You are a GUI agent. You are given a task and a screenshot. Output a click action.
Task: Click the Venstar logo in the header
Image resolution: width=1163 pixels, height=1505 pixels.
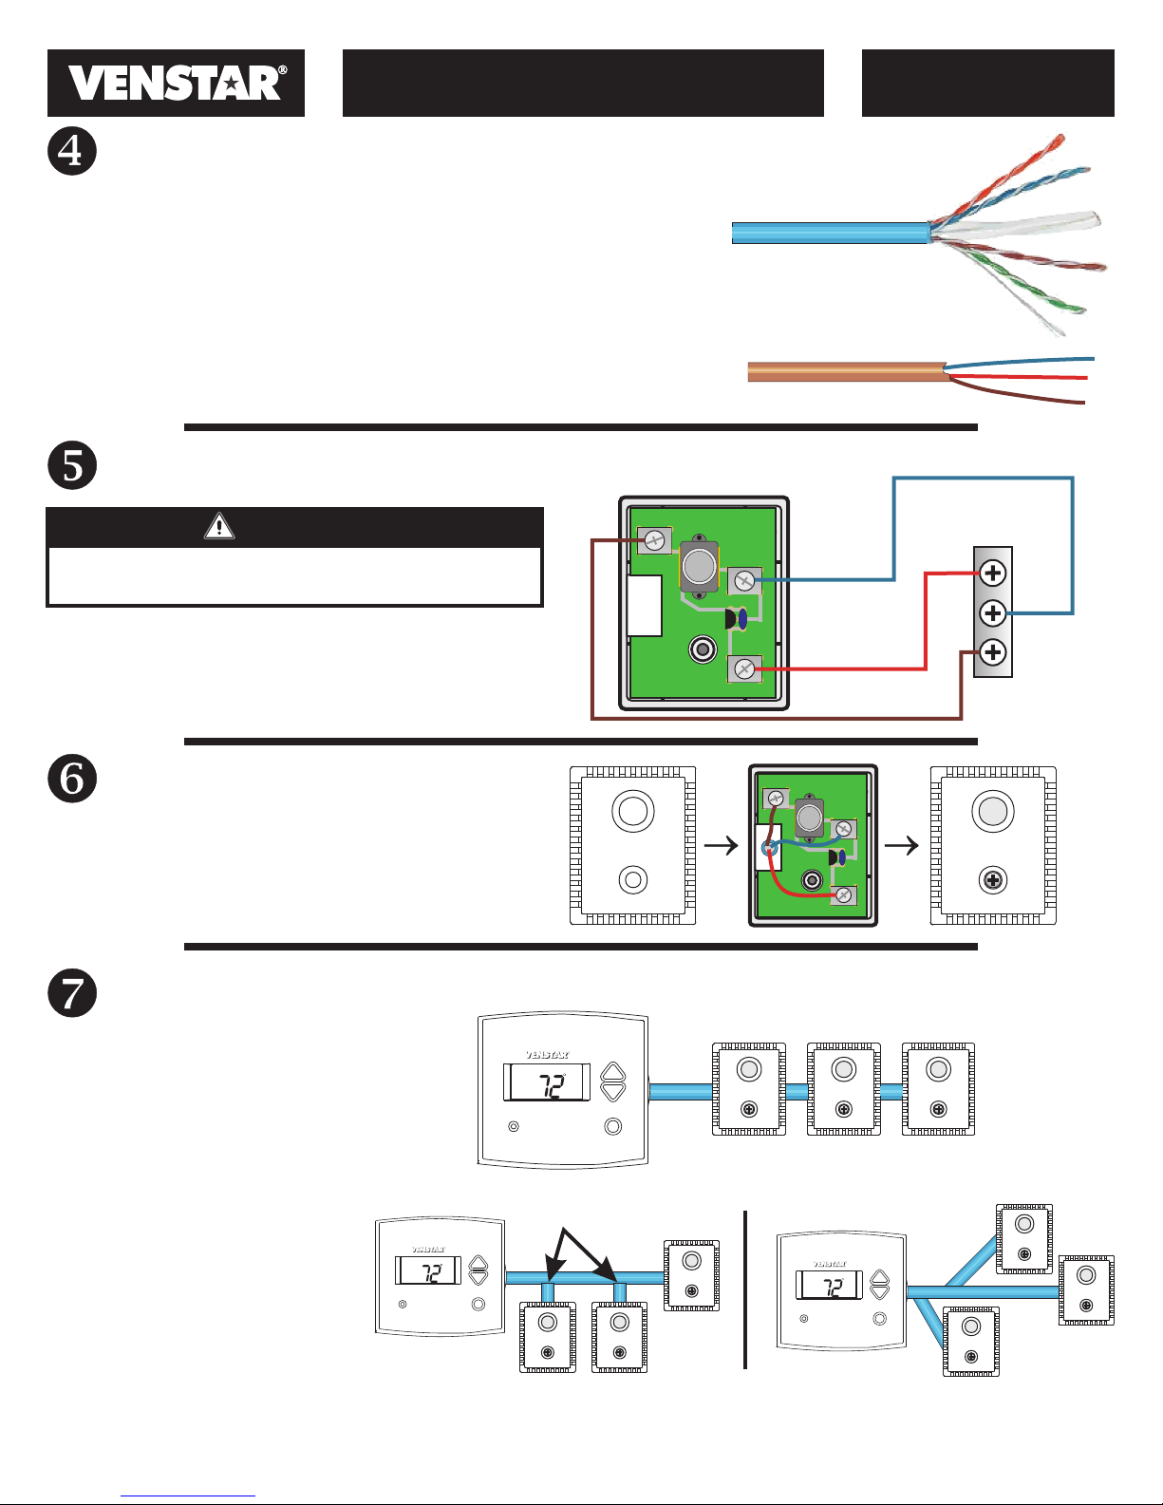pos(176,84)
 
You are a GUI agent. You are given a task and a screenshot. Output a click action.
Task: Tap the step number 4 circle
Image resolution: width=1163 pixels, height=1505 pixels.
pos(72,151)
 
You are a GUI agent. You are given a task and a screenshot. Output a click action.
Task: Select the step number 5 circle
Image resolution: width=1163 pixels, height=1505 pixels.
pos(72,464)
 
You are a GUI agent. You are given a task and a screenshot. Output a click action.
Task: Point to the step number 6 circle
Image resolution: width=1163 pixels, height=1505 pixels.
pos(72,779)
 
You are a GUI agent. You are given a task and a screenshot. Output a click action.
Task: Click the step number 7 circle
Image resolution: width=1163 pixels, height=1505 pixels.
pos(72,993)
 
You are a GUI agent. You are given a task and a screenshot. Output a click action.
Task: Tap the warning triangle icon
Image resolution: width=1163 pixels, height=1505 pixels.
pos(218,526)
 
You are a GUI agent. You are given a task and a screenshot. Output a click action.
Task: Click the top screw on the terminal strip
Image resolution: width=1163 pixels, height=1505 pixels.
pos(993,573)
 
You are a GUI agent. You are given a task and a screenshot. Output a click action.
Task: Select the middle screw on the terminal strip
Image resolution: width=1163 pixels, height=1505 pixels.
pos(993,613)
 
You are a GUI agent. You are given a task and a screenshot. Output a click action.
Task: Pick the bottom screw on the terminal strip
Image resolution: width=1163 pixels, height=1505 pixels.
pos(993,652)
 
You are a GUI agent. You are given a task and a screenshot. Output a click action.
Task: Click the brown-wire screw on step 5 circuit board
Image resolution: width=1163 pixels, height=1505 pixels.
pos(654,540)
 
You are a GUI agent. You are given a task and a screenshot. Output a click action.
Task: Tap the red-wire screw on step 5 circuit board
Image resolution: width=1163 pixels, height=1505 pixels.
pos(744,669)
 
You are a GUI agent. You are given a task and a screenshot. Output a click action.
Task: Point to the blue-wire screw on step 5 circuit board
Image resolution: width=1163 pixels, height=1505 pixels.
pos(744,580)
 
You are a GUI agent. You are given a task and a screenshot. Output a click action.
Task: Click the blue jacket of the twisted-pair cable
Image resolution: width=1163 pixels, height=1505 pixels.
pos(831,233)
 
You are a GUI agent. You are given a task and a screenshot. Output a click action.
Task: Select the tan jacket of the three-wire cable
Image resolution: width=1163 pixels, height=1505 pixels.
pos(847,372)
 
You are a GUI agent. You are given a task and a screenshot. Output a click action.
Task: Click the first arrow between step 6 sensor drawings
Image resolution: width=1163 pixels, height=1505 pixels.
pos(722,846)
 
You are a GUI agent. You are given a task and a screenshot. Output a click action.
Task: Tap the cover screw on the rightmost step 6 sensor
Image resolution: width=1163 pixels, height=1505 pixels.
pos(993,881)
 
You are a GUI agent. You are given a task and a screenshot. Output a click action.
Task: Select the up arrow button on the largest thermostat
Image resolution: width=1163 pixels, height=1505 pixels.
pos(612,1073)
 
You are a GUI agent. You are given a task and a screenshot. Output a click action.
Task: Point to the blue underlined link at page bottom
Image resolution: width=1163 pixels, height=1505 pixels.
pos(188,1496)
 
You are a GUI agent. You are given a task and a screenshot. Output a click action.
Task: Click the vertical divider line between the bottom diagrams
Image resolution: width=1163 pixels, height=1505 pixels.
pos(745,1289)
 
